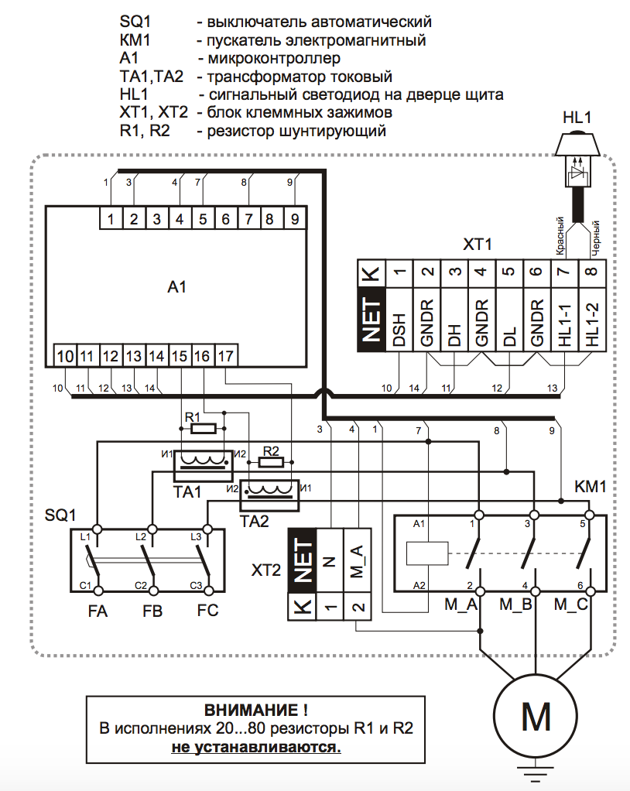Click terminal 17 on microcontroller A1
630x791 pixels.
225,356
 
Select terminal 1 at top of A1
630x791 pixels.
111,219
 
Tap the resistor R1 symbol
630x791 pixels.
202,427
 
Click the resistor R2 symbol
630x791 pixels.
270,462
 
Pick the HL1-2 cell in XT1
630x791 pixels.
592,329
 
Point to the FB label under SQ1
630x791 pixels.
152,611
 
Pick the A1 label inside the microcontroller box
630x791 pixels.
177,288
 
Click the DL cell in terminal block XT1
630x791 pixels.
507,329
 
